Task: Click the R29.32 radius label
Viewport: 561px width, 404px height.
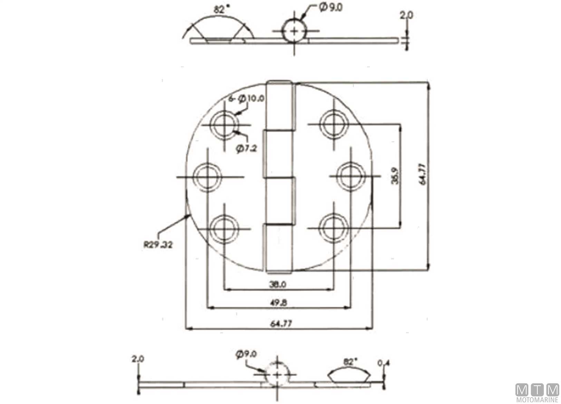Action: (158, 245)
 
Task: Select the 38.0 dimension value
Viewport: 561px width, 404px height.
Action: (278, 284)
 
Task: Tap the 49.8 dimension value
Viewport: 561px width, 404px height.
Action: (278, 303)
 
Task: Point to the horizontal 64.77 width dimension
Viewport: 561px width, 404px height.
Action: (281, 324)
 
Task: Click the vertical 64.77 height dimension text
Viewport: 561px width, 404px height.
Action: (422, 174)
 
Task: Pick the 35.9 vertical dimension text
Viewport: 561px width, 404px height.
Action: (395, 176)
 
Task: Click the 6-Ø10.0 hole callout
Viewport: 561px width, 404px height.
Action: (246, 99)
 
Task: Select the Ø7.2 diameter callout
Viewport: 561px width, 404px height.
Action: (246, 148)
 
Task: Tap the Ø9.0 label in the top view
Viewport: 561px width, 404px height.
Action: (331, 8)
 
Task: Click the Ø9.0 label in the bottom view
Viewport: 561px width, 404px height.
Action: (246, 354)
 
